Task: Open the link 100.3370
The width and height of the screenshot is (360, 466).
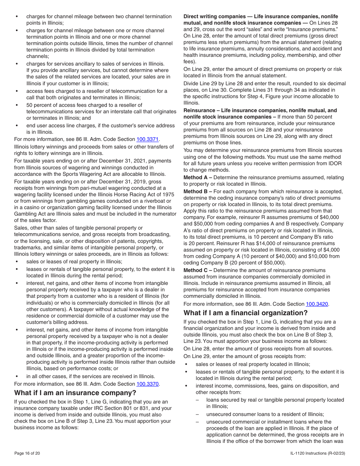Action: pos(147,384)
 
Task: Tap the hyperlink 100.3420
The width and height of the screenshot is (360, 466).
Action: pos(317,304)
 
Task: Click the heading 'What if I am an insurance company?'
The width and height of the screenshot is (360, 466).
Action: pos(75,393)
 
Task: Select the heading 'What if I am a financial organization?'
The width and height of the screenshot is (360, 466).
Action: pos(246,313)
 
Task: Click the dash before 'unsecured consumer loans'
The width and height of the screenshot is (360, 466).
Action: pos(197,414)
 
